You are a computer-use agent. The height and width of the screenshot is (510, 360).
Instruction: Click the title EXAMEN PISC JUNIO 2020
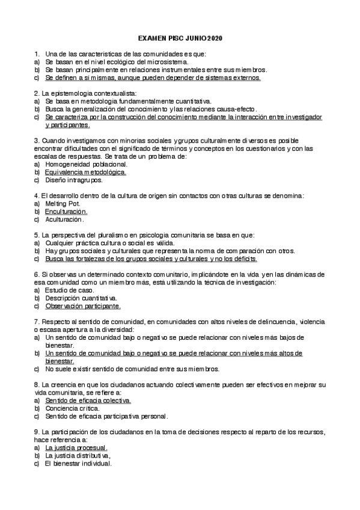180,38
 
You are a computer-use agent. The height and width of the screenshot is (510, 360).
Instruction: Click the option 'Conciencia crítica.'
72,408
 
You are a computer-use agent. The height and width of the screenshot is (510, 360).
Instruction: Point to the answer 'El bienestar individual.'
78,464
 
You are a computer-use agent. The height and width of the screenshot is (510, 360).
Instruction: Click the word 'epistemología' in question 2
79,93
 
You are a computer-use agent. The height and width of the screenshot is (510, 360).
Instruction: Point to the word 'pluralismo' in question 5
105,235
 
